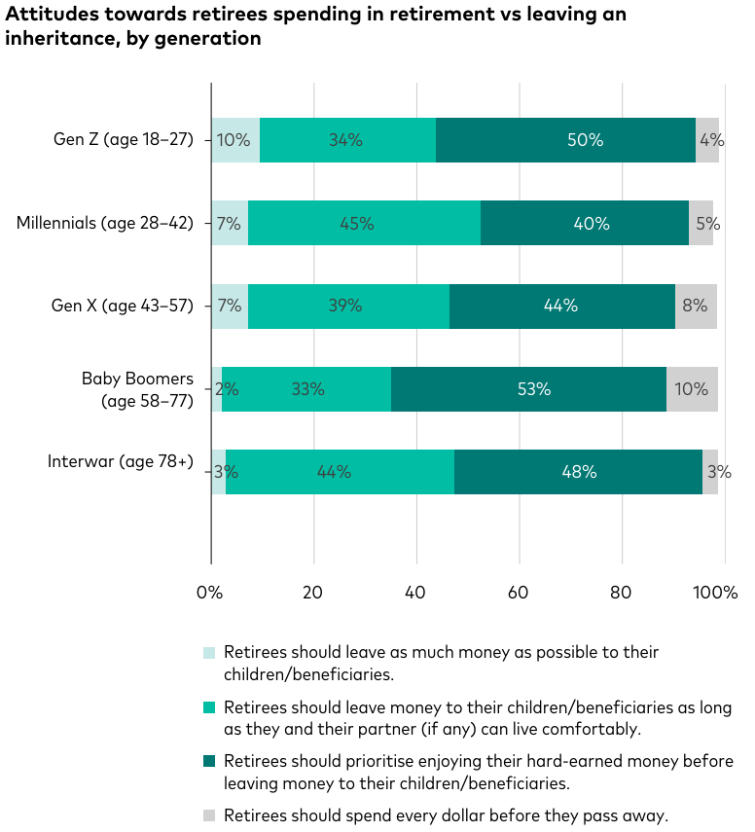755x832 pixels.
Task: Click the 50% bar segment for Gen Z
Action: click(x=565, y=140)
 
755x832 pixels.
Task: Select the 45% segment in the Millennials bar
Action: click(x=364, y=223)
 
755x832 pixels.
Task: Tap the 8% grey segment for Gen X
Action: click(x=696, y=306)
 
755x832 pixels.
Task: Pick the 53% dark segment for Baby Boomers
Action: click(x=528, y=389)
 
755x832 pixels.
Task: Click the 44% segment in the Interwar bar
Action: click(x=340, y=472)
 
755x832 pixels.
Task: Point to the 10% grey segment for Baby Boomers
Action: click(x=692, y=389)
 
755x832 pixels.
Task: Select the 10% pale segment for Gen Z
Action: click(x=235, y=140)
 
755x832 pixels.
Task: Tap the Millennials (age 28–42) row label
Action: click(x=105, y=223)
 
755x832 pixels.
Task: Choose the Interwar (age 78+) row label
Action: click(x=121, y=461)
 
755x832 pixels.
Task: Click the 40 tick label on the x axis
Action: click(x=416, y=592)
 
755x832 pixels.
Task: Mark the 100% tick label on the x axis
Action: click(x=717, y=592)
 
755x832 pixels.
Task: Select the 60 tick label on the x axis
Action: click(x=519, y=592)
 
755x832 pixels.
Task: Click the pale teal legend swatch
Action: click(x=209, y=653)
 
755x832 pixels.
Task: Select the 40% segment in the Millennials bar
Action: click(x=584, y=223)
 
